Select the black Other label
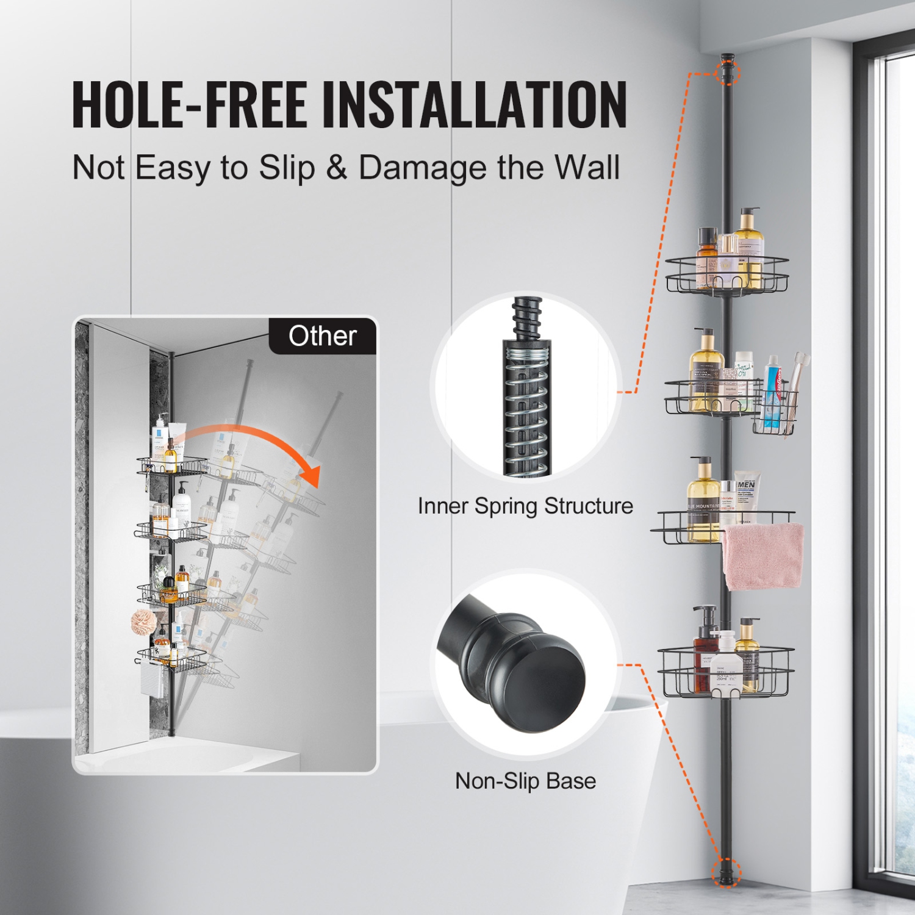323,336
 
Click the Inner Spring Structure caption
525,506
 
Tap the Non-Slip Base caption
525,781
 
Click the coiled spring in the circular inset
527,415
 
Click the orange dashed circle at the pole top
727,71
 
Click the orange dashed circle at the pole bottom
727,872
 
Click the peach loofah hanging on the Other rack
144,621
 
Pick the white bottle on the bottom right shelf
726,665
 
